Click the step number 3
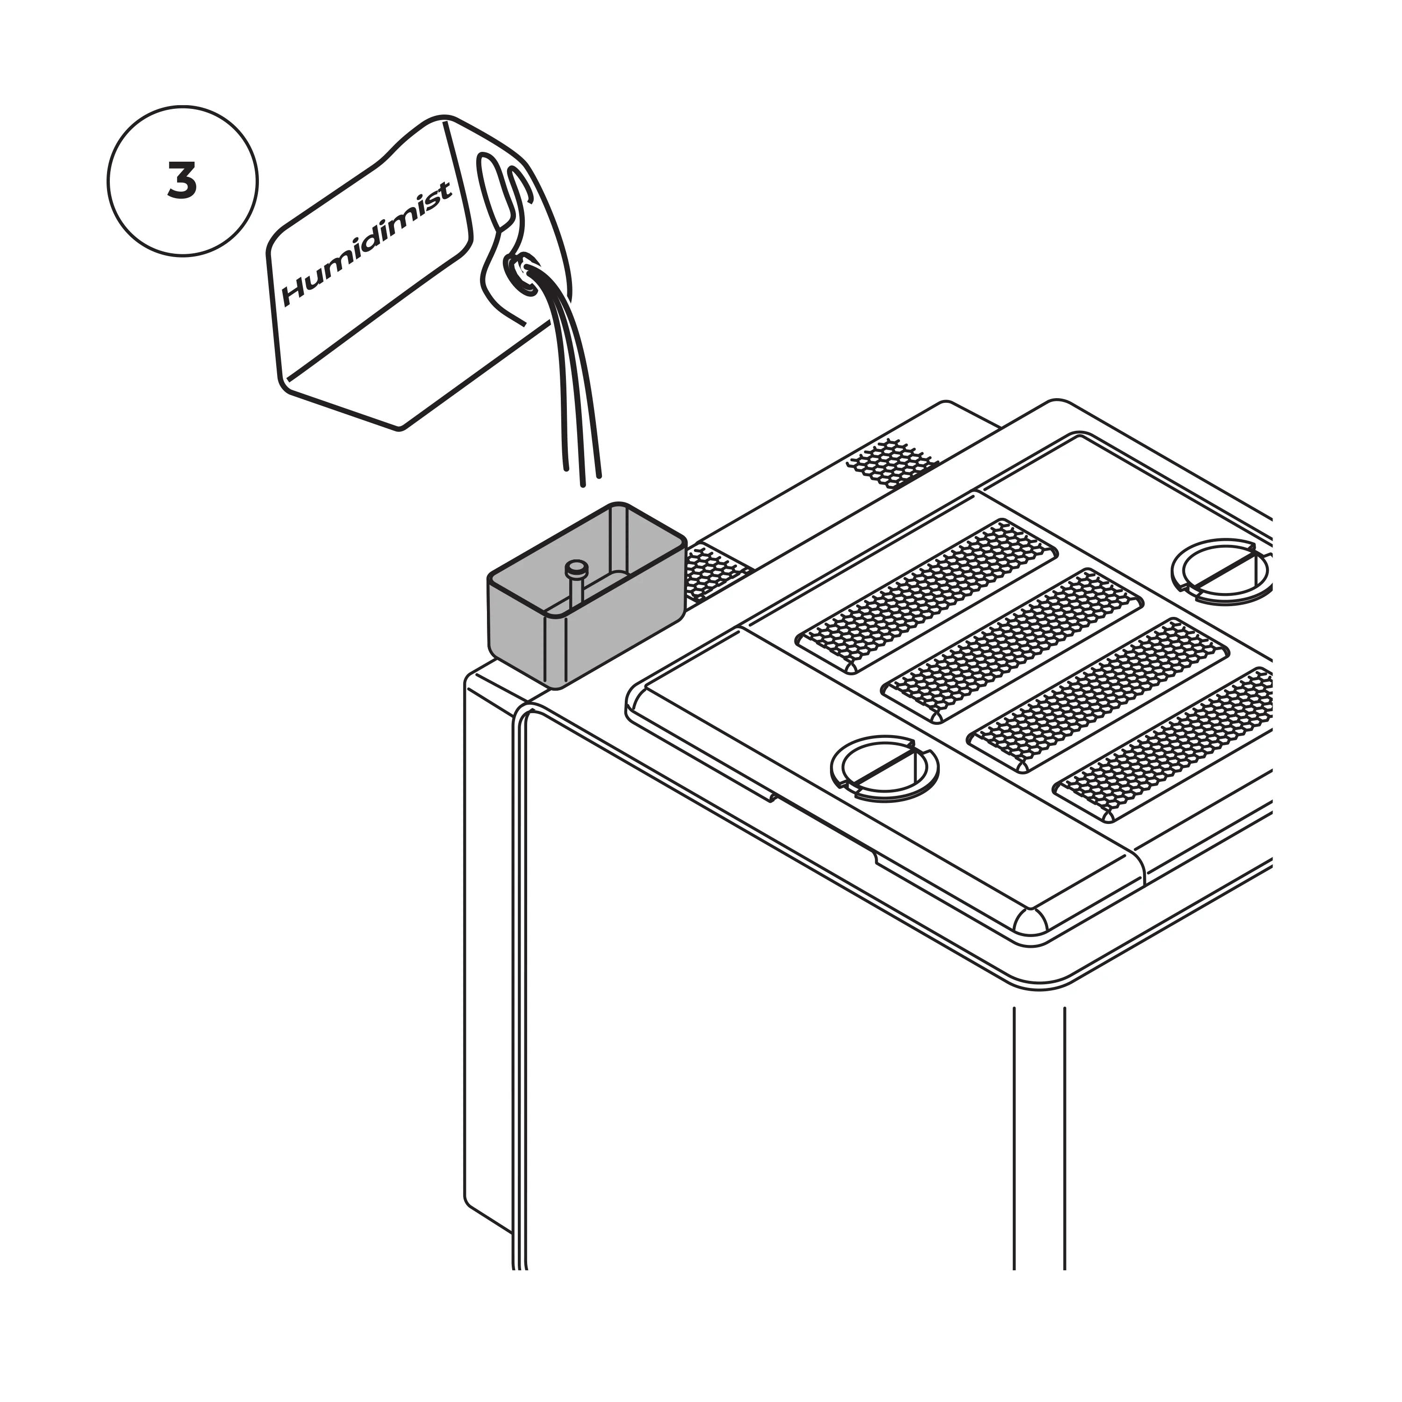point(182,181)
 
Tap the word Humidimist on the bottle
point(366,243)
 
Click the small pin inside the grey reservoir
point(576,570)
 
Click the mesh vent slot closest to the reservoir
point(927,594)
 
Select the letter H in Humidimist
point(298,290)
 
